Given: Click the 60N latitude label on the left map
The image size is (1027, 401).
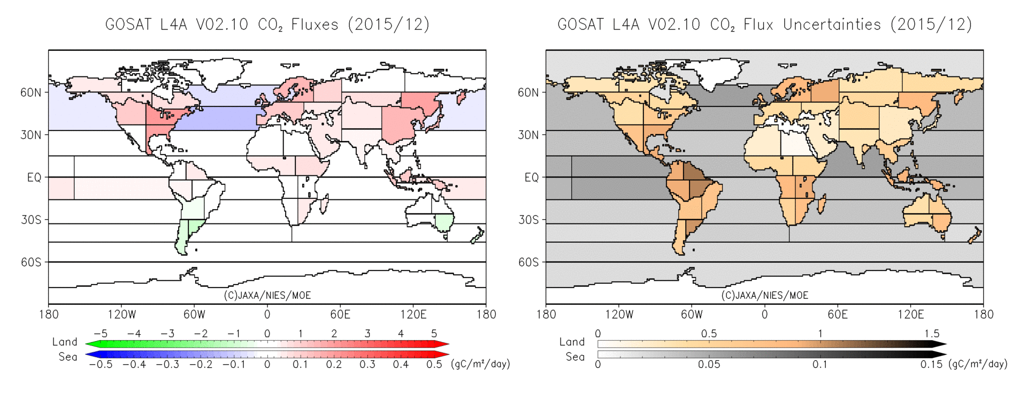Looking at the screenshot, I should (30, 92).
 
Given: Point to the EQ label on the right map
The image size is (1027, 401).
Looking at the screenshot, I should (531, 178).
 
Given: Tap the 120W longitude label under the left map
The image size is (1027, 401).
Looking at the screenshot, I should (121, 314).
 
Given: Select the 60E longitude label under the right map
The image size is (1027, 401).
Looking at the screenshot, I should (837, 314).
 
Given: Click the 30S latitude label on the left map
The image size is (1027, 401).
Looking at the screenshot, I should (30, 220).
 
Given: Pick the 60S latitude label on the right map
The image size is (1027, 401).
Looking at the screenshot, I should (528, 262).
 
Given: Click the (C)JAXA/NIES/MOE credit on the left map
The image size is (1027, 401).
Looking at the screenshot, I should (267, 295).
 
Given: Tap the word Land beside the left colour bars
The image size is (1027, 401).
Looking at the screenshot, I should (65, 342).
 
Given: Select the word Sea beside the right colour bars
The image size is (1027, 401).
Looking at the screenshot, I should (575, 357).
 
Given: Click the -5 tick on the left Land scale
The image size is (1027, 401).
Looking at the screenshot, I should (101, 334).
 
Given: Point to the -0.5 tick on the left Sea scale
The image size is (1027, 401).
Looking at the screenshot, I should (101, 365).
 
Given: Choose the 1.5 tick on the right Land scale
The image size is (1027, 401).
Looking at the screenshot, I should (931, 334).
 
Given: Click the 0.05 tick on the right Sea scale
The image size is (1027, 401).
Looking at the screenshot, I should (709, 365).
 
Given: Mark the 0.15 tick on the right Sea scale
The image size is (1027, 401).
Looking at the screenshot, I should (931, 365).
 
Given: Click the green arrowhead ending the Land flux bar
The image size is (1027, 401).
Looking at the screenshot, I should (91, 344).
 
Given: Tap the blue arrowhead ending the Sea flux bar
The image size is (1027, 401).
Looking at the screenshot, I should (91, 354).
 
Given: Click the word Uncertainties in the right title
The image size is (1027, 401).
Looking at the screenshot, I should (832, 25).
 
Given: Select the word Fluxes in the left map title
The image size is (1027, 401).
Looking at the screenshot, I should (315, 25).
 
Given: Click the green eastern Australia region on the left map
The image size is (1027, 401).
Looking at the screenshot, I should (444, 221).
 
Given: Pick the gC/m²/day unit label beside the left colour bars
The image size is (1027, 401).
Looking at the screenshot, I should (480, 364).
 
